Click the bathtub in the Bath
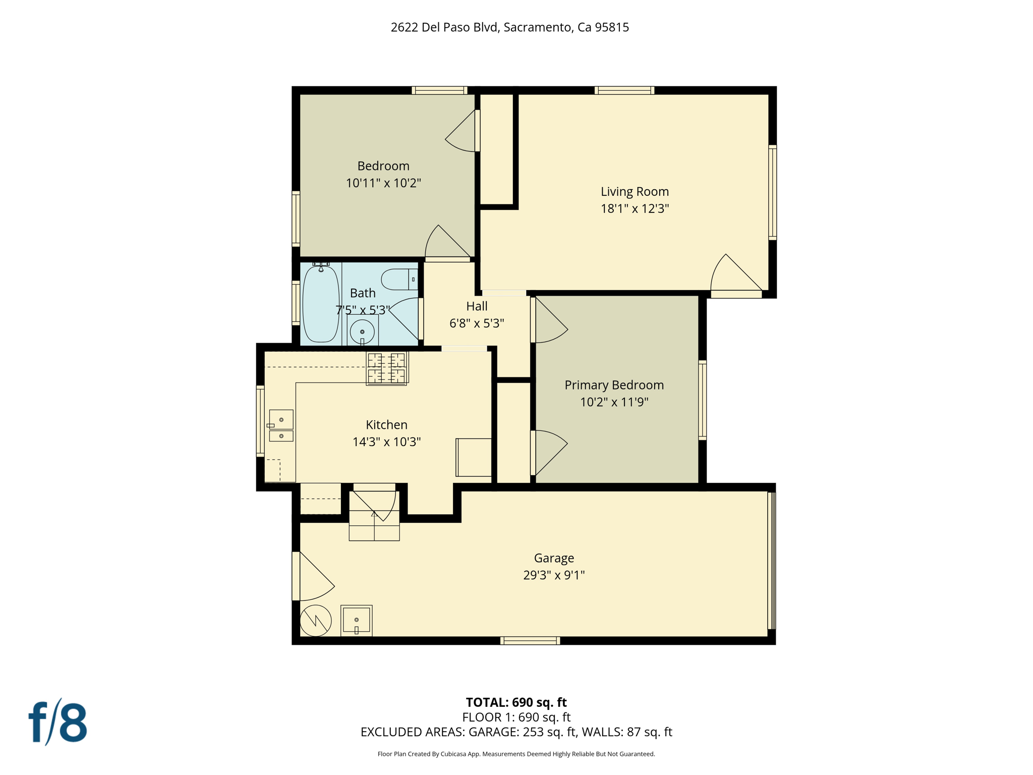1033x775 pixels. [x=321, y=304]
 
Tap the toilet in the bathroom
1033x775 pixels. [x=398, y=280]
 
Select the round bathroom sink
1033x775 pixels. [x=362, y=332]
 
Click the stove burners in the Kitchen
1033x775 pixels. [x=386, y=368]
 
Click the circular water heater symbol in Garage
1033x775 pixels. [x=316, y=621]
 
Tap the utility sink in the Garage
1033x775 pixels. [x=356, y=620]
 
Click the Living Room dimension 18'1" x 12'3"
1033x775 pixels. [x=635, y=208]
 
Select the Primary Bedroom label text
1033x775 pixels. [x=614, y=385]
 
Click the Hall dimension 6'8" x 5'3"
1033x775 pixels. [x=477, y=323]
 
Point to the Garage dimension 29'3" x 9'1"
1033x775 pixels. [x=554, y=575]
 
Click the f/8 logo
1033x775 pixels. [x=58, y=723]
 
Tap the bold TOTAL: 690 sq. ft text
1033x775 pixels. [x=516, y=702]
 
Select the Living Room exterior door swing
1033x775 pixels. [x=734, y=275]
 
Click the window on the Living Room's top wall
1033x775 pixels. [x=624, y=90]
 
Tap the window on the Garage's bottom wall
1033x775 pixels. [x=530, y=641]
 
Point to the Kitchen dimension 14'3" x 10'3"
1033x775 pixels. [x=386, y=442]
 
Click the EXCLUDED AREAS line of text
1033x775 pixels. [x=516, y=732]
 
